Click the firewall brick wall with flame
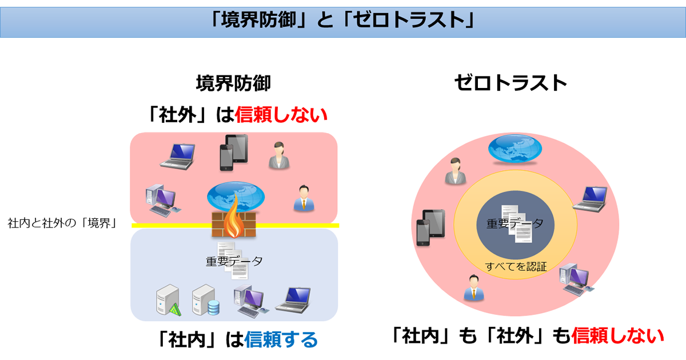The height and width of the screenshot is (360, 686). click(x=234, y=219)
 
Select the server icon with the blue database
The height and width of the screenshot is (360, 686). click(x=205, y=301)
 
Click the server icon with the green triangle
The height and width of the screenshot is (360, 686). click(x=169, y=301)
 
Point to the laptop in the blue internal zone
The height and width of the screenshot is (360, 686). click(x=293, y=300)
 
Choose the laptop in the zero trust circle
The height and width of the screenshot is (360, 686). click(x=589, y=199)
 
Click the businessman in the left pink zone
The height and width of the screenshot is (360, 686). click(x=304, y=198)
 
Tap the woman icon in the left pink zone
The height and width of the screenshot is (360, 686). click(x=279, y=155)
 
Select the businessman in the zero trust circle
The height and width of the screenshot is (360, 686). click(x=474, y=288)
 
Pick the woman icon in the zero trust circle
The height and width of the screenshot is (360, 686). click(x=456, y=171)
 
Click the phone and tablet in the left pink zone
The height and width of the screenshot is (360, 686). click(x=234, y=153)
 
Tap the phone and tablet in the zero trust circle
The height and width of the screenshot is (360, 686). click(x=430, y=228)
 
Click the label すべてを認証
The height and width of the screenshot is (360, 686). click(x=516, y=267)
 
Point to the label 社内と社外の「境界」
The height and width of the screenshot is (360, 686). click(x=62, y=223)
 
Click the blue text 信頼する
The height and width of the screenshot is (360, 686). click(x=281, y=340)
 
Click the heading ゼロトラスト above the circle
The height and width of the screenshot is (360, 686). click(x=510, y=83)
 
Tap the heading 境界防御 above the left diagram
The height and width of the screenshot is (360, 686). click(x=233, y=83)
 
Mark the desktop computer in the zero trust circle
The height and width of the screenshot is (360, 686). click(x=576, y=279)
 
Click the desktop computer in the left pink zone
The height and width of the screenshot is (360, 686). click(x=163, y=201)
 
